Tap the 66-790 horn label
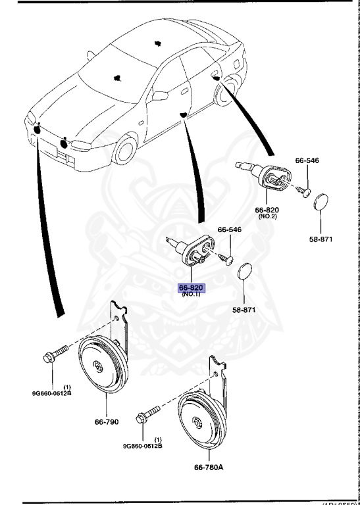(105, 421)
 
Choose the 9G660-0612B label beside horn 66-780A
(142, 446)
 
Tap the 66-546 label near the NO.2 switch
(307, 160)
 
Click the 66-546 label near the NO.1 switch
(230, 230)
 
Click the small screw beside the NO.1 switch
(226, 258)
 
